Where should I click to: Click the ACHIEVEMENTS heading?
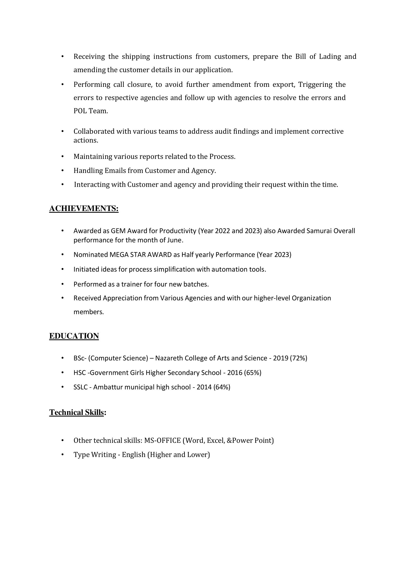pos(84,209)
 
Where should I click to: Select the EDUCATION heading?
pos(74,336)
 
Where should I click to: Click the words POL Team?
pos(91,111)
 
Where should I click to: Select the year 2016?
pos(235,373)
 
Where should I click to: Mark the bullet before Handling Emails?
pos(63,171)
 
